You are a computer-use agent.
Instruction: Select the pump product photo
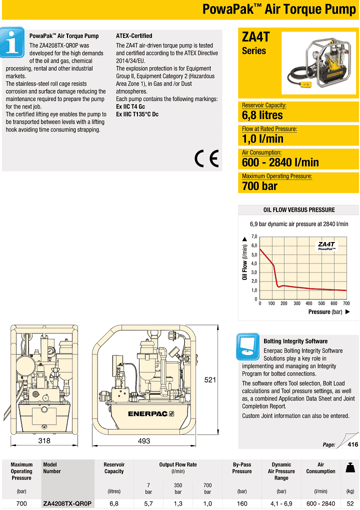tap(318, 63)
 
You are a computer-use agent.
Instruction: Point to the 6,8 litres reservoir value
tap(262, 115)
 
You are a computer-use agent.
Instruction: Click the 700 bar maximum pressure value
tap(259, 186)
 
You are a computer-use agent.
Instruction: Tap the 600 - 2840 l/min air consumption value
tap(280, 162)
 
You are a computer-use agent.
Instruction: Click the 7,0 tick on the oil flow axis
tap(254, 236)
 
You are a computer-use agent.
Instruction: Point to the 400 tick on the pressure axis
tap(309, 303)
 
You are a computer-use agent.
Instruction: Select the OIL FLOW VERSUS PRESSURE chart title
tap(299, 210)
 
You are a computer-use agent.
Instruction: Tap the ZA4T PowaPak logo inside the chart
tap(326, 245)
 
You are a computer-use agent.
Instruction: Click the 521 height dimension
tap(210, 380)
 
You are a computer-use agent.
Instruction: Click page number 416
tap(352, 444)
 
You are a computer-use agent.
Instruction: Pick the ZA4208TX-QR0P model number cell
tap(67, 503)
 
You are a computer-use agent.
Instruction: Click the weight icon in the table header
tap(350, 468)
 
